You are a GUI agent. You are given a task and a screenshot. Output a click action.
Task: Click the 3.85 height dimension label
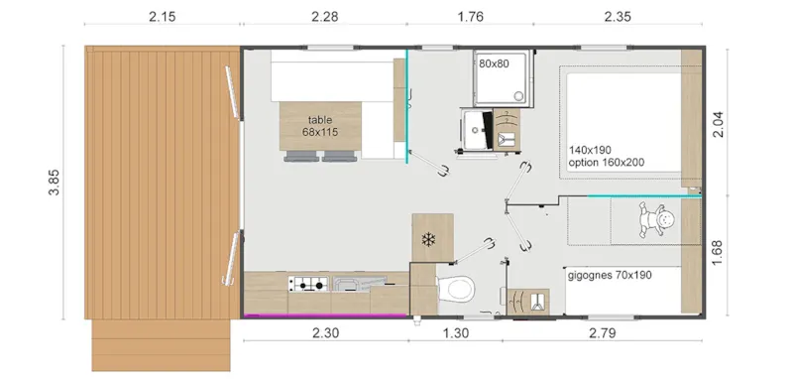tap(57, 183)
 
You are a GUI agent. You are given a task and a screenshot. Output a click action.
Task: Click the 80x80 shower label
tap(494, 63)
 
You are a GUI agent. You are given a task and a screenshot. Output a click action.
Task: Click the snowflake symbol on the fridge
tap(429, 240)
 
